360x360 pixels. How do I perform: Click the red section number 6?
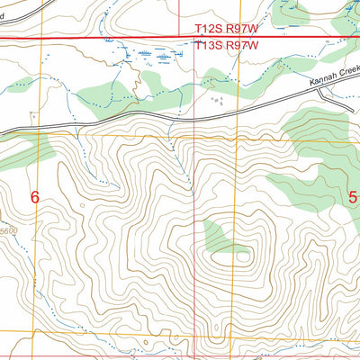35,197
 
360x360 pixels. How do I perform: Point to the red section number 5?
353,197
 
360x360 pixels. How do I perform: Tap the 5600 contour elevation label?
8,231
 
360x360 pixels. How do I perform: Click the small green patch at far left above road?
18,86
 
